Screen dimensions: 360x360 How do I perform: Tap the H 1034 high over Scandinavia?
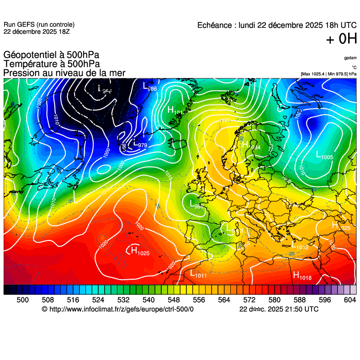[250, 146]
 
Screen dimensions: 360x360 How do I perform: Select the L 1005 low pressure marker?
[324, 156]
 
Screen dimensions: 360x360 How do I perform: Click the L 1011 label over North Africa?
[198, 274]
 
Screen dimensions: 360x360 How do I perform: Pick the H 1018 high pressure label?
[302, 276]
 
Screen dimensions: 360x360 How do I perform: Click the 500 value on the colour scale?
[22, 299]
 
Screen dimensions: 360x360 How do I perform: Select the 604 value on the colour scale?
[349, 299]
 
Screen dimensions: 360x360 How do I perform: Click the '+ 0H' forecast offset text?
[341, 40]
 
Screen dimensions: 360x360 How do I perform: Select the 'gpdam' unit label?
[350, 58]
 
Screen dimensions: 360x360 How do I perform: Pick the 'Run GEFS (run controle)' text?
[39, 25]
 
